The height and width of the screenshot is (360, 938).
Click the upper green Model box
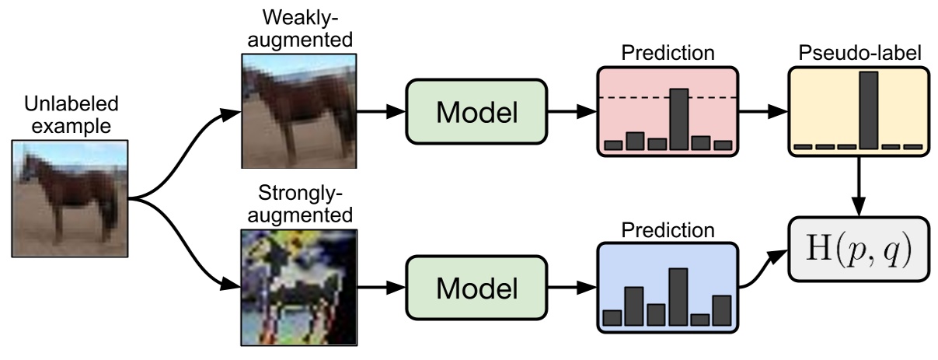(476, 112)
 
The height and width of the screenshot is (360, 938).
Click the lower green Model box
(476, 288)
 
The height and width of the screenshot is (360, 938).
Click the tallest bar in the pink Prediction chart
(679, 119)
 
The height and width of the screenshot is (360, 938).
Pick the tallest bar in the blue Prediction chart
(678, 296)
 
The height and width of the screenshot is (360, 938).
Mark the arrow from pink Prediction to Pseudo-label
(762, 112)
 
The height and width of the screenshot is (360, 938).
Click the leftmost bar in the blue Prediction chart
(612, 316)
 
